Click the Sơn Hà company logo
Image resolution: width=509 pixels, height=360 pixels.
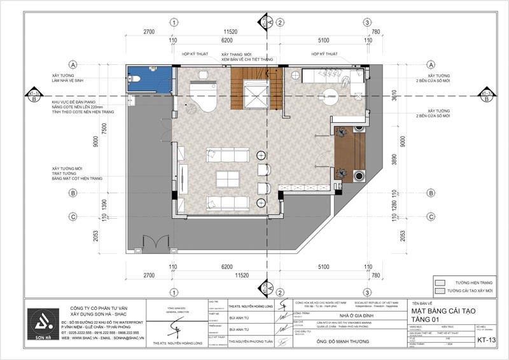click(43, 324)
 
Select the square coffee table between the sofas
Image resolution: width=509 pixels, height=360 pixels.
click(225, 179)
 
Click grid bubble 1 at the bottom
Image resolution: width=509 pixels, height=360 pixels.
click(173, 291)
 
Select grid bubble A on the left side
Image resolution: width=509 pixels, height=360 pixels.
click(74, 65)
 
